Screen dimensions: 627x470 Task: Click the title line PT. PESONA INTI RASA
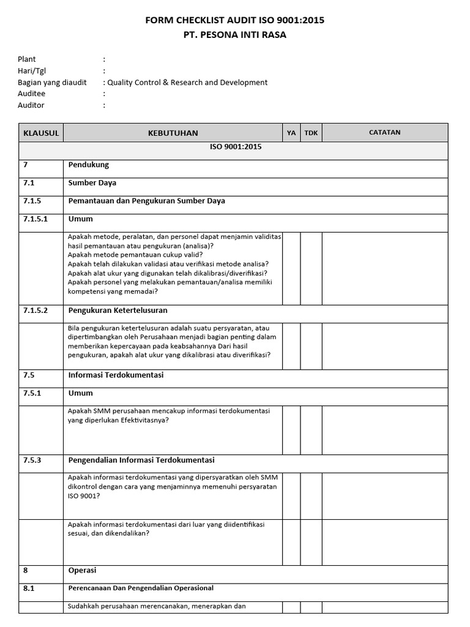point(235,35)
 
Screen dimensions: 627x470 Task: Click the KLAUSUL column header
point(41,133)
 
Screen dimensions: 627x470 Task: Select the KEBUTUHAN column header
point(173,133)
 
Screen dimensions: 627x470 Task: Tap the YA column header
point(291,133)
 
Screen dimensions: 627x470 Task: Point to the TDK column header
point(311,133)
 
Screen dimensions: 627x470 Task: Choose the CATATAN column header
point(385,132)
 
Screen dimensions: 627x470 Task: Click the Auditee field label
point(32,94)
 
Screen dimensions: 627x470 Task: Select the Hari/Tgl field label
point(32,71)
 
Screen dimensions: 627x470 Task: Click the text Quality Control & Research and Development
point(187,82)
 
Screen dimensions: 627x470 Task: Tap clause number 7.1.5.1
point(35,219)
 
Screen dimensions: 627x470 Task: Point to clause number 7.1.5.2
point(35,310)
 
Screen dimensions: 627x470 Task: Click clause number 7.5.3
point(32,460)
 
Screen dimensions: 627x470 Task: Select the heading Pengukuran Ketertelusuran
point(117,310)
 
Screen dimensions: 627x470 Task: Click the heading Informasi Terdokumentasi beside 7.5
point(116,375)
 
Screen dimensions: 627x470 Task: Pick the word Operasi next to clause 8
point(82,570)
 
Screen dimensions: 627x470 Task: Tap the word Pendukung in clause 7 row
point(89,165)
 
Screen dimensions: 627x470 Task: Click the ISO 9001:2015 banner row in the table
point(235,147)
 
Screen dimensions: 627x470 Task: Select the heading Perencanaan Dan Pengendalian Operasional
point(141,588)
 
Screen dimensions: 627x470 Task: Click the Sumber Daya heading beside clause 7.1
point(92,182)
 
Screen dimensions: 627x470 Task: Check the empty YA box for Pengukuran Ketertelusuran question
point(291,346)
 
